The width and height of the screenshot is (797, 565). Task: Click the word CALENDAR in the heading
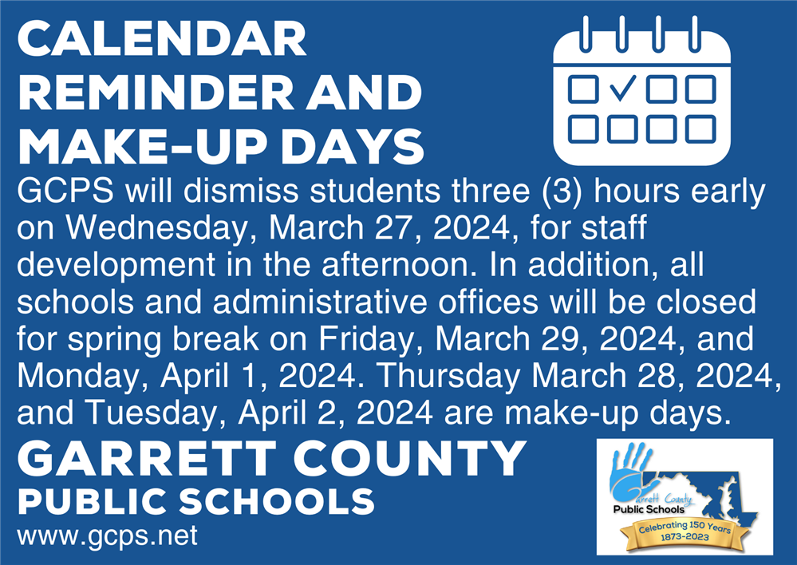(x=162, y=39)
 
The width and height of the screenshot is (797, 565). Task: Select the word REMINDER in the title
(x=156, y=93)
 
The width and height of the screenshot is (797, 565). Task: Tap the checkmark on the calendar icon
(x=622, y=88)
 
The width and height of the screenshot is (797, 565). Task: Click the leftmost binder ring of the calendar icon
(x=586, y=34)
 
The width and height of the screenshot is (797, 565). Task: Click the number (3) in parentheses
(x=562, y=192)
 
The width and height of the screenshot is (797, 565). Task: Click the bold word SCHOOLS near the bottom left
(x=277, y=501)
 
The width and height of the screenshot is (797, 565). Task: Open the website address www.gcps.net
(x=107, y=536)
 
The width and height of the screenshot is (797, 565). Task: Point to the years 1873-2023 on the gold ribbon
(x=685, y=537)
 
